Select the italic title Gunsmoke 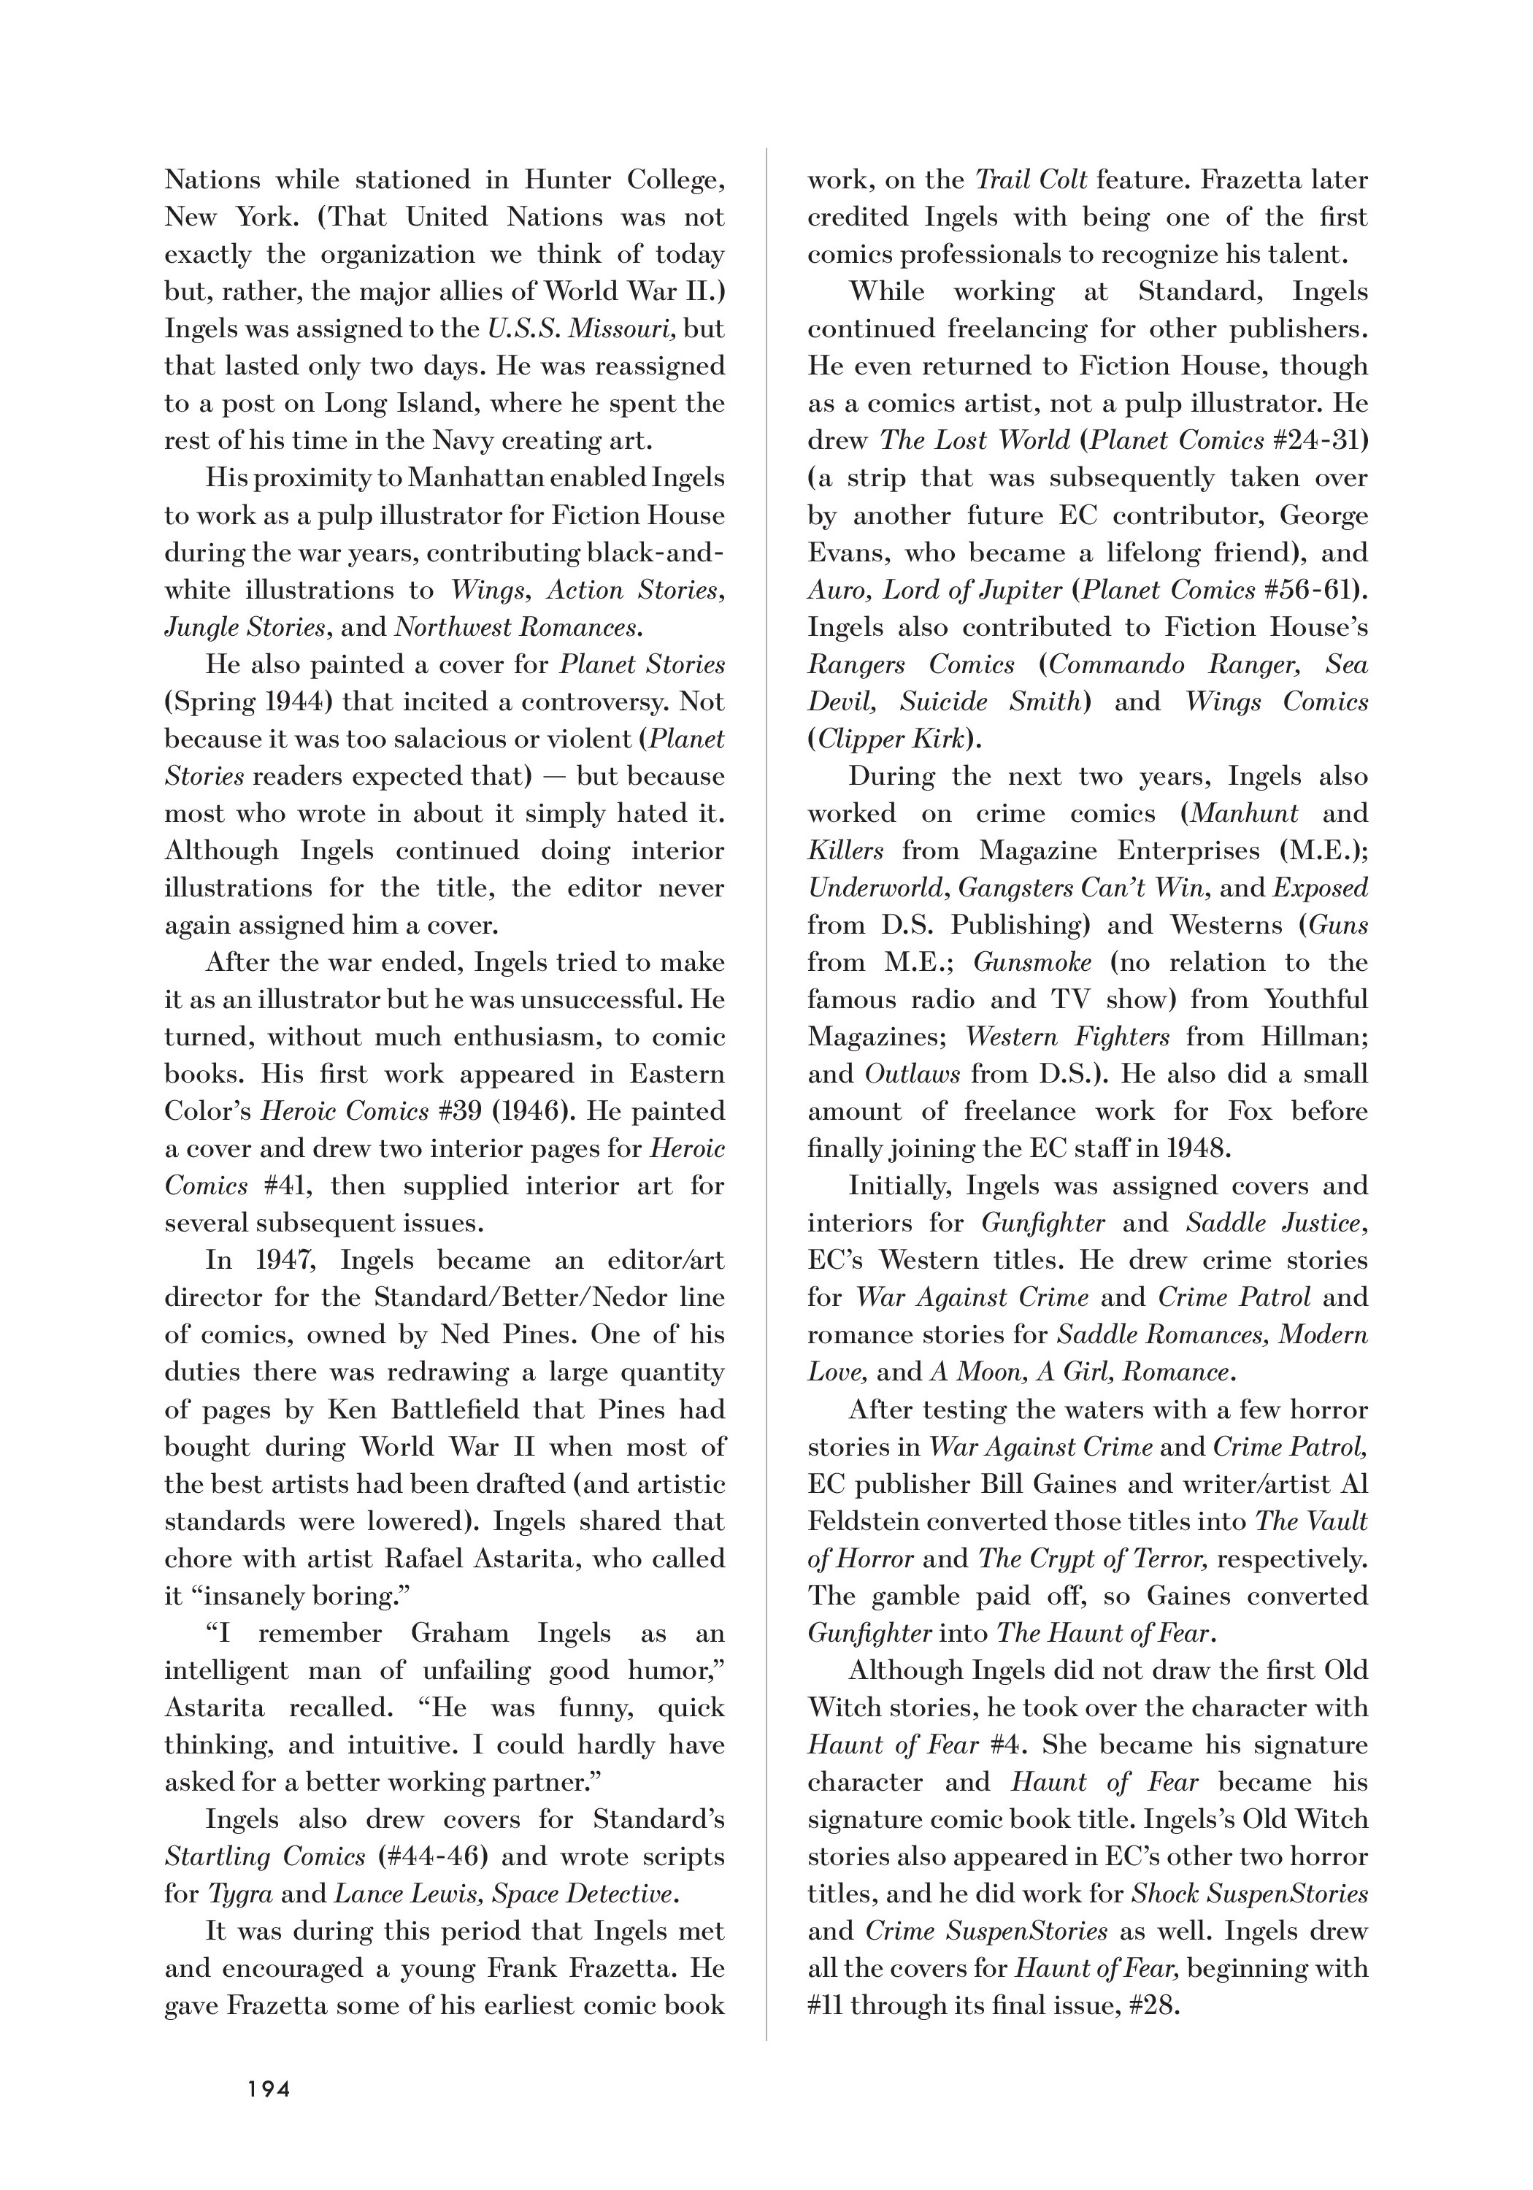click(1031, 962)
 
